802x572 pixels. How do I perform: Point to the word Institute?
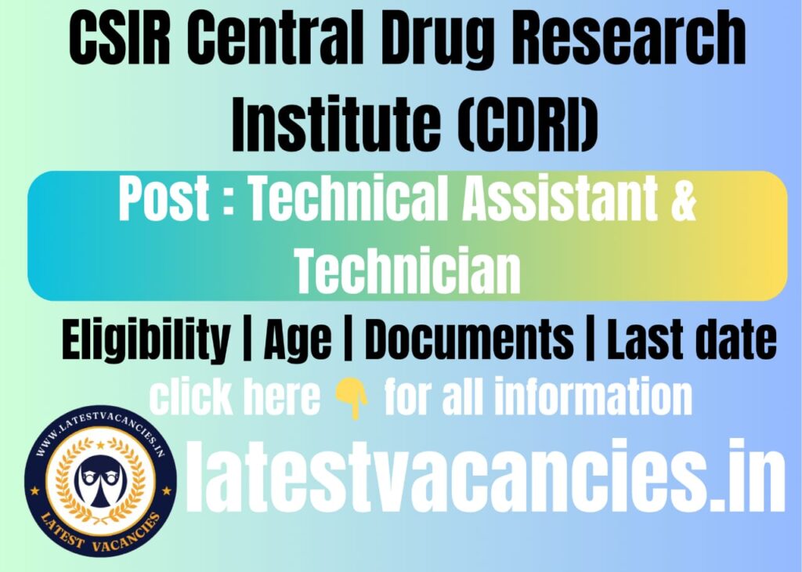(327, 125)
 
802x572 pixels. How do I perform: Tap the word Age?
(298, 342)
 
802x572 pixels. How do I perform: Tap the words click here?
(234, 398)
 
